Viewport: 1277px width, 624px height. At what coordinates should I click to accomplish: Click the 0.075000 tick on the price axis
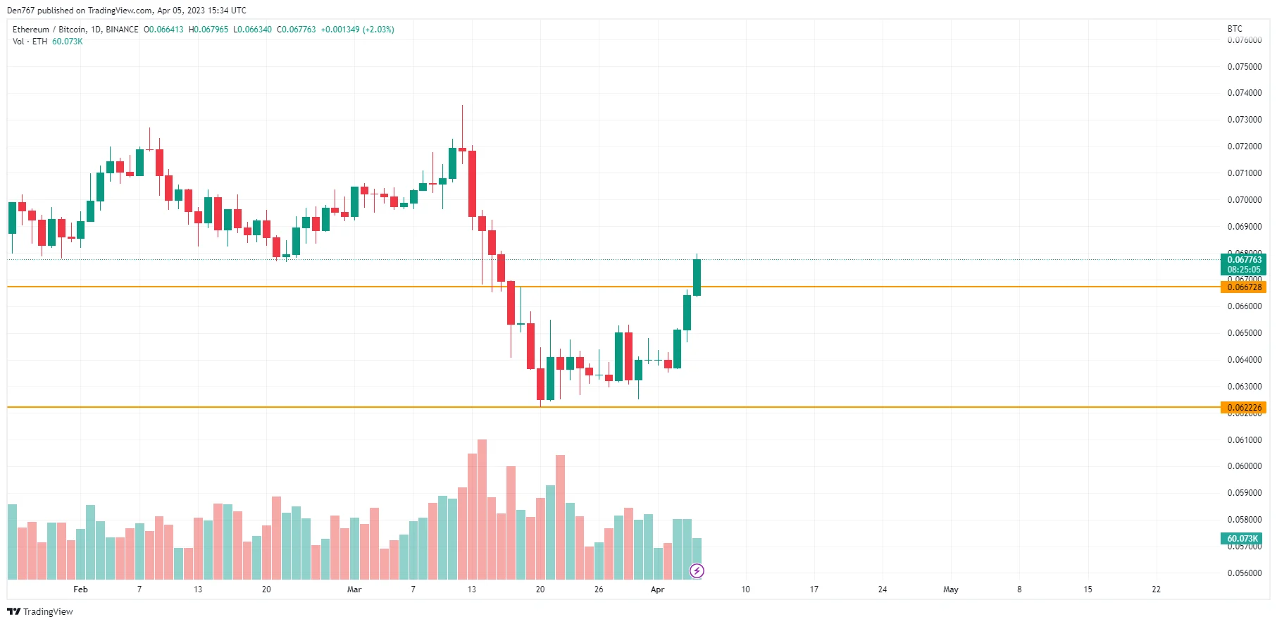click(1244, 67)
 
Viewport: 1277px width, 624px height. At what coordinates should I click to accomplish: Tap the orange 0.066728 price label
click(1243, 287)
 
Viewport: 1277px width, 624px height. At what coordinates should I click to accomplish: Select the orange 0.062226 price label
click(1243, 408)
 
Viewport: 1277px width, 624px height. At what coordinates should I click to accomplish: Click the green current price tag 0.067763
click(1243, 260)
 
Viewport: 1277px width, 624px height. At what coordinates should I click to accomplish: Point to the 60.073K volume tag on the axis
click(1242, 539)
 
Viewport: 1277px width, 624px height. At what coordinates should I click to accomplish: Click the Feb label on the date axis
click(81, 589)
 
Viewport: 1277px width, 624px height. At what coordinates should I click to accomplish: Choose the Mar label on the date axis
click(354, 589)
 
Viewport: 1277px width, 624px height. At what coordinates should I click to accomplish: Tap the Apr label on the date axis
click(657, 589)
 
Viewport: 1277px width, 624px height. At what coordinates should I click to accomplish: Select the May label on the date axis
click(951, 589)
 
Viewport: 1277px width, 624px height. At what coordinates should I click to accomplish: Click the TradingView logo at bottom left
click(40, 611)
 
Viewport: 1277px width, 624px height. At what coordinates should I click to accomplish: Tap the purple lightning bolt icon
click(697, 570)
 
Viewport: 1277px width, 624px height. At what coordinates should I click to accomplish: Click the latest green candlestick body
click(697, 277)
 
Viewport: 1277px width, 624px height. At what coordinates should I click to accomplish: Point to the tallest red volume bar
click(482, 507)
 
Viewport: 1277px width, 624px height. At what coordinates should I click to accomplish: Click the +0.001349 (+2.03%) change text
click(357, 30)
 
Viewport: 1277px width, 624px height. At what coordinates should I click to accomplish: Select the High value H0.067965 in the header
click(208, 30)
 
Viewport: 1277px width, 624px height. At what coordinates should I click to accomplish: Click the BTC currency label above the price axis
click(1235, 29)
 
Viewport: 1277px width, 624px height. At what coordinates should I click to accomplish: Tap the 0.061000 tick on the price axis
click(1244, 440)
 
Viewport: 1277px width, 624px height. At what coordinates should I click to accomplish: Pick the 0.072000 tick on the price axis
click(1244, 146)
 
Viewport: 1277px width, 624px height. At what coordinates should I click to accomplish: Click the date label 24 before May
click(882, 589)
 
